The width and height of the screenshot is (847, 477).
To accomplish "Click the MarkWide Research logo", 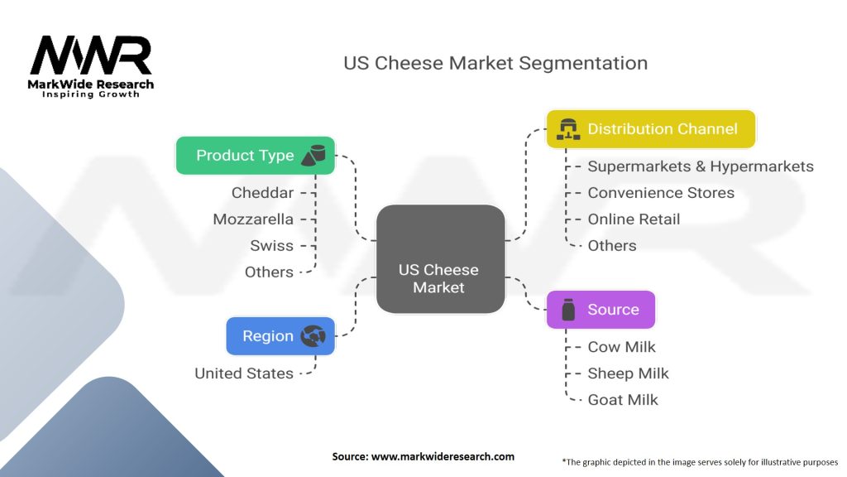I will tap(92, 66).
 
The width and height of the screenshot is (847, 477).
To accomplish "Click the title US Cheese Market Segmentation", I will tap(495, 63).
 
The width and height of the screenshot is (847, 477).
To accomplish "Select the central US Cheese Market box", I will tap(440, 260).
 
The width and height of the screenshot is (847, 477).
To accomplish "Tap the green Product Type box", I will tap(256, 156).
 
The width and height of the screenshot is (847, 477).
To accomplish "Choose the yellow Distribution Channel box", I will tap(651, 129).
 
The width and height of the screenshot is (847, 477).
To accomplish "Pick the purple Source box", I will tap(601, 310).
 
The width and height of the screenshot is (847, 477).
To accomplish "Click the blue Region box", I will tap(280, 336).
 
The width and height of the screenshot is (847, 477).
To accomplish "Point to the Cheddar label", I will tap(263, 193).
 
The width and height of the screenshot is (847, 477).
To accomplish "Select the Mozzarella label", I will tap(253, 219).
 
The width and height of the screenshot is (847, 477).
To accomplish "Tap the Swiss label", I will tap(272, 246).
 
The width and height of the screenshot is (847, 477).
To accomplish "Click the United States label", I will tap(244, 373).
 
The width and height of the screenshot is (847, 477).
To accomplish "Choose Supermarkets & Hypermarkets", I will tap(701, 166).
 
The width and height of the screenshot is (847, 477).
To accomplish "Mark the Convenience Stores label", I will tap(661, 193).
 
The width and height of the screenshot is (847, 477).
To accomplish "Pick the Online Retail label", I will tap(634, 219).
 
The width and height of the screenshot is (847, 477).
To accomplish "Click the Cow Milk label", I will tap(621, 347).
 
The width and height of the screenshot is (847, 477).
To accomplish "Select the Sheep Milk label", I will tap(628, 373).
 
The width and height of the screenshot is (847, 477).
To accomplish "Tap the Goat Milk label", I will tap(623, 400).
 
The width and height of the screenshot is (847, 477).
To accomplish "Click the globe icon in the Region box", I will tap(313, 336).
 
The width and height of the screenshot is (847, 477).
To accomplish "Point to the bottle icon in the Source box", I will tap(568, 311).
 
